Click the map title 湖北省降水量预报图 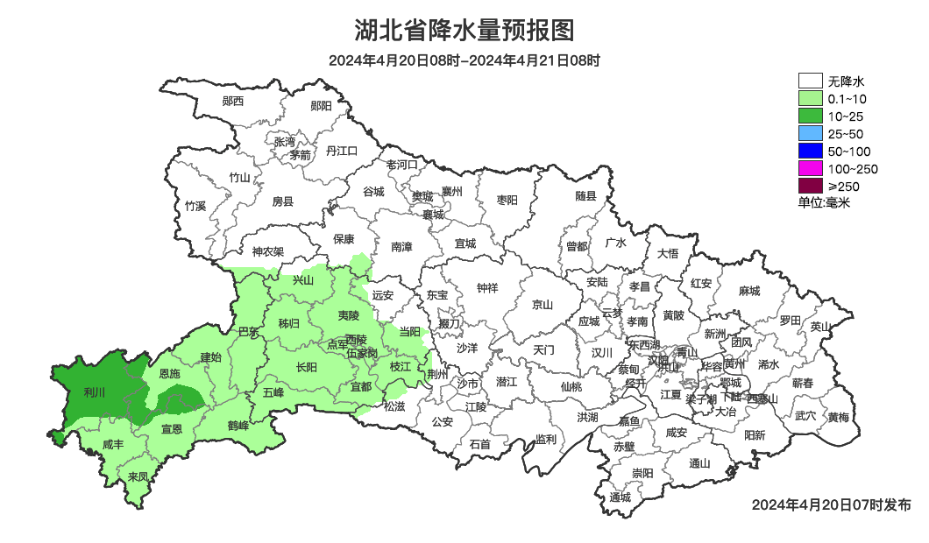pyautogui.click(x=464, y=31)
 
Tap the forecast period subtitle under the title pyautogui.click(x=464, y=60)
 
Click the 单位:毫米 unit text pyautogui.click(x=824, y=202)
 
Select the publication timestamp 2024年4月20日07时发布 pyautogui.click(x=831, y=505)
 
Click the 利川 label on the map pyautogui.click(x=94, y=392)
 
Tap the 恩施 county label pyautogui.click(x=169, y=374)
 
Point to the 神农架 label pyautogui.click(x=268, y=251)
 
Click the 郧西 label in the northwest pyautogui.click(x=233, y=102)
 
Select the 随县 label pyautogui.click(x=585, y=197)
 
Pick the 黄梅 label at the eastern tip pyautogui.click(x=838, y=418)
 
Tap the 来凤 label pyautogui.click(x=138, y=477)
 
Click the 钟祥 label pyautogui.click(x=486, y=288)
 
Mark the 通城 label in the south pyautogui.click(x=620, y=498)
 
